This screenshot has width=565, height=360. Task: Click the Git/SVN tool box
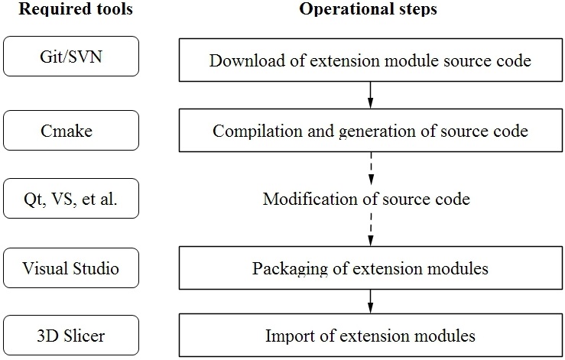(x=71, y=57)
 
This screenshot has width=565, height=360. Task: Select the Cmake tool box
(x=71, y=131)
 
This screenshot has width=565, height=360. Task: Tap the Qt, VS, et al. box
(x=71, y=198)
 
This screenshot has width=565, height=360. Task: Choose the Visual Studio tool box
(x=71, y=268)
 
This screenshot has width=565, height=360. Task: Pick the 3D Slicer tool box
(x=71, y=336)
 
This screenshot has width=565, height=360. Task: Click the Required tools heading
(x=76, y=8)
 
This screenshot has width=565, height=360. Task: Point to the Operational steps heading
(x=368, y=8)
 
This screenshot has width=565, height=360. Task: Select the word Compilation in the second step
(x=258, y=131)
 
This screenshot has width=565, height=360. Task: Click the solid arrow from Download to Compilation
(x=370, y=95)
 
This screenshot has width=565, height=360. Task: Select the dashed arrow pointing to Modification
(x=371, y=168)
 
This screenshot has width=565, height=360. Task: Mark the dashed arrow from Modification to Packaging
(x=371, y=229)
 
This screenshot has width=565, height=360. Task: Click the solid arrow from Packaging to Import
(x=370, y=301)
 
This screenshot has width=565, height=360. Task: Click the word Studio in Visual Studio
(x=96, y=268)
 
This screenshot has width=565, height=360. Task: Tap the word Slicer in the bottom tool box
(x=84, y=336)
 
